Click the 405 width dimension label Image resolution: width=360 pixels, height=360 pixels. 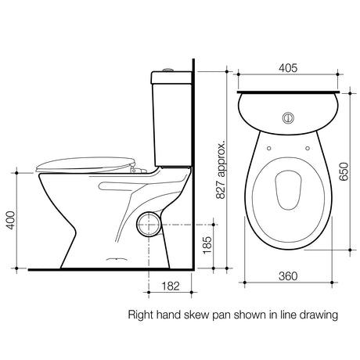(x=288, y=68)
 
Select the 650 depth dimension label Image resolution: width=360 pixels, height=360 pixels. (x=344, y=171)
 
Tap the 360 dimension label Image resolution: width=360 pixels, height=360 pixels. (x=288, y=275)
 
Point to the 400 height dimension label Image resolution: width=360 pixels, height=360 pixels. (x=11, y=221)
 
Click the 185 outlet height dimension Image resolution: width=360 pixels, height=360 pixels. (x=207, y=245)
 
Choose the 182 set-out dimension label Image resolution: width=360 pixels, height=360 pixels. (x=171, y=286)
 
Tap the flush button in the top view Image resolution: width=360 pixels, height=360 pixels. (x=288, y=118)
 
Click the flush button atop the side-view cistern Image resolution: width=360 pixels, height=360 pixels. (x=167, y=70)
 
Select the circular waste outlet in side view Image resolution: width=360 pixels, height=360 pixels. (x=148, y=225)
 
